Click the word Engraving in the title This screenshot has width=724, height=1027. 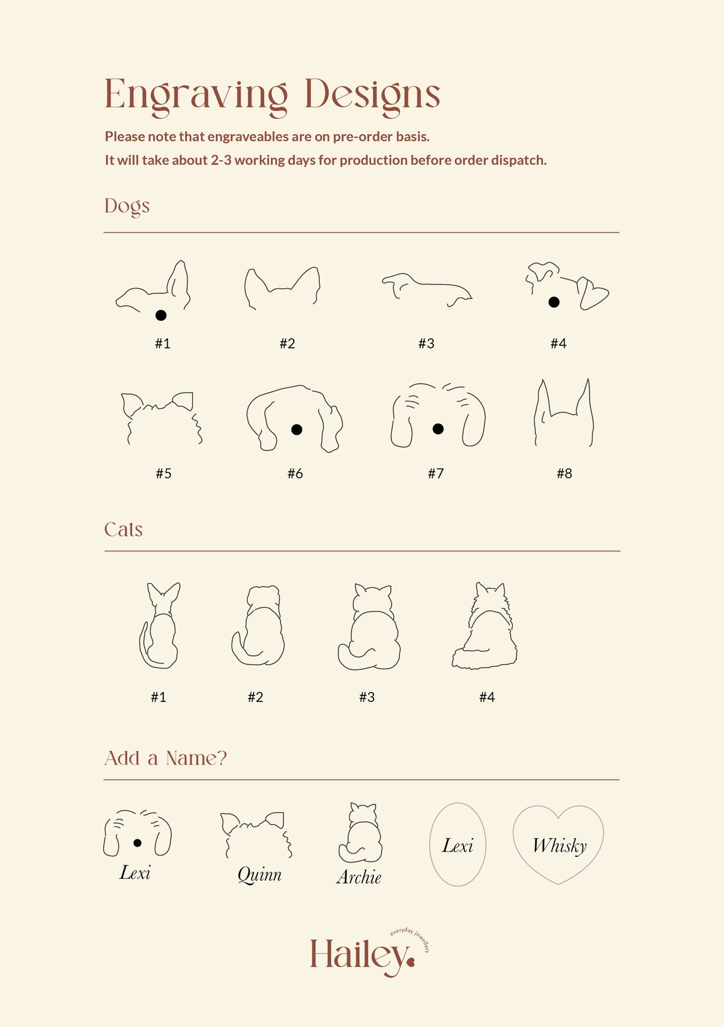(196, 96)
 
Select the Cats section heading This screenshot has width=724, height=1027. (124, 529)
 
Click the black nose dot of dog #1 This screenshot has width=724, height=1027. (160, 315)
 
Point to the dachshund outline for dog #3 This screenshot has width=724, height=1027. (427, 289)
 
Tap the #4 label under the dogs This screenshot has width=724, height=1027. (558, 343)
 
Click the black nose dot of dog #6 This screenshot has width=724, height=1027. (297, 429)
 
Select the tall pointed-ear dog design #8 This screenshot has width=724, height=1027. (564, 412)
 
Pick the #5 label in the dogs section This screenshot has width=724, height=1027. (164, 473)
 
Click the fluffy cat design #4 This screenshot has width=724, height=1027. (484, 626)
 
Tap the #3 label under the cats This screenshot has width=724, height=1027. (367, 697)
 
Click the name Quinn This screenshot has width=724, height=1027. (259, 875)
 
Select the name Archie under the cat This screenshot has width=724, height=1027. (359, 877)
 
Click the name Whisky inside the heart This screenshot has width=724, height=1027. (559, 846)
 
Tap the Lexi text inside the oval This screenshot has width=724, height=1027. (457, 845)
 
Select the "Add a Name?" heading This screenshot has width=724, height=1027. (166, 758)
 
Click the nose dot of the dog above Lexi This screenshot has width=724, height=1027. (137, 842)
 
